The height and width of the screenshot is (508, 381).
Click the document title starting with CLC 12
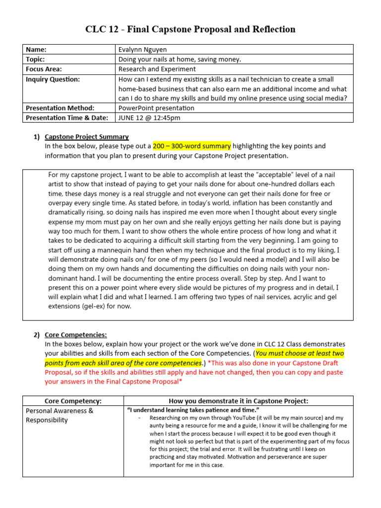[190, 29]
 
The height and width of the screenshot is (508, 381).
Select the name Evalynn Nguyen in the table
[143, 50]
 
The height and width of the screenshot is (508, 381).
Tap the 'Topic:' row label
[36, 60]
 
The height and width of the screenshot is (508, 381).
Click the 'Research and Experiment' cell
[157, 69]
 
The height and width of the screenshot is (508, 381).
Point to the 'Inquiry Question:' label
[53, 79]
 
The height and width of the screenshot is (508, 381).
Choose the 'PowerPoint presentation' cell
[156, 108]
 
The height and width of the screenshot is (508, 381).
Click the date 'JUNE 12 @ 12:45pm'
[149, 118]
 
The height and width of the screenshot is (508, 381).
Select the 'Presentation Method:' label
[60, 108]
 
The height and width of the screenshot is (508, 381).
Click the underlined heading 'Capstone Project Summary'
[87, 136]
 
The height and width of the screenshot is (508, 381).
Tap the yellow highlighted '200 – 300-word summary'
[191, 146]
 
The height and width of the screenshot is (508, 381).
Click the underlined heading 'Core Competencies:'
[75, 334]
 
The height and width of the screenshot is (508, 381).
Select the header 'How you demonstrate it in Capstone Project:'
[238, 401]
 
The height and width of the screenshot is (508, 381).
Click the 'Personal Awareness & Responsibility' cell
[60, 415]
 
